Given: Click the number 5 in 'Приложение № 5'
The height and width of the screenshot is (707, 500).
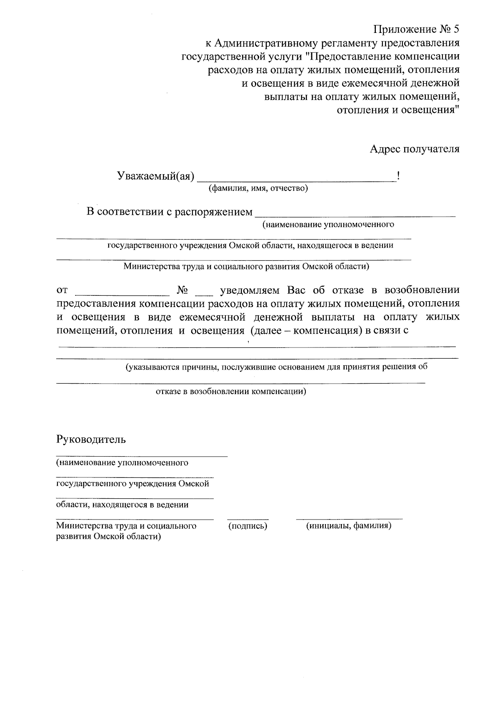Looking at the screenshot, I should click(x=456, y=30).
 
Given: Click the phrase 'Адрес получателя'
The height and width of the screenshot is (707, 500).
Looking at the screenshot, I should click(x=415, y=149).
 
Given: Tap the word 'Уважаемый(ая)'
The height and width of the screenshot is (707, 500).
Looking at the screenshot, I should click(x=155, y=176).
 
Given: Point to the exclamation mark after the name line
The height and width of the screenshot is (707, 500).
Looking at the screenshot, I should click(x=399, y=176).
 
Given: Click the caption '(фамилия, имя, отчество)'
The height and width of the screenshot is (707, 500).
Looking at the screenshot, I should click(x=258, y=189).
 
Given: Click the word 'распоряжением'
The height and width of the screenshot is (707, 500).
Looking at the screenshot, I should click(x=213, y=212).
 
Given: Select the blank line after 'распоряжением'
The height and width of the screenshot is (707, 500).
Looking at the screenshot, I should click(x=355, y=216).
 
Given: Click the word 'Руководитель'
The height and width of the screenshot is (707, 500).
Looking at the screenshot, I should click(x=91, y=439).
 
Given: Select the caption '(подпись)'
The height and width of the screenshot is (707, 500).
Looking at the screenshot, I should click(x=247, y=526).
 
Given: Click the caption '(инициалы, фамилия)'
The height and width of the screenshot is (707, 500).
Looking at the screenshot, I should click(x=349, y=526).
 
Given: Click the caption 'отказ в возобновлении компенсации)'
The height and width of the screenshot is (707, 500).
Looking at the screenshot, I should click(x=231, y=392).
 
